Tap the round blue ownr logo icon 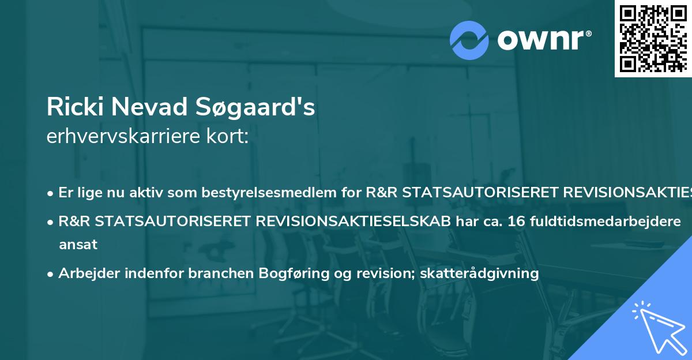(469, 40)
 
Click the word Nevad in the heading (152, 107)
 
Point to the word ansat (78, 245)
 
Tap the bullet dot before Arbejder (51, 274)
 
